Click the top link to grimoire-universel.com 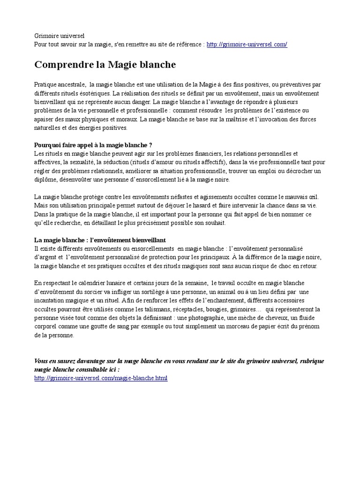click(x=247, y=44)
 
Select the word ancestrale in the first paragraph click(x=70, y=84)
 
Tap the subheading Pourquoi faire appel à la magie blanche click(x=94, y=144)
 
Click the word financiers click(x=205, y=153)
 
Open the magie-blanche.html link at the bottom click(x=101, y=378)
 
